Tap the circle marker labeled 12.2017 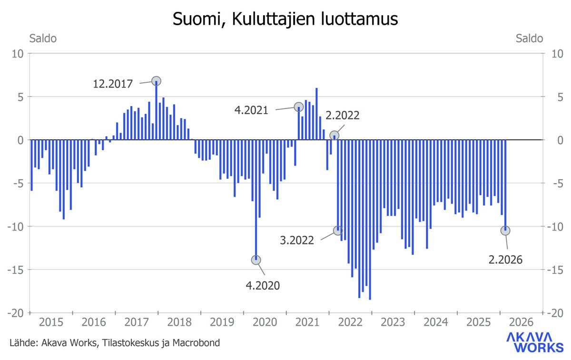coord(156,81)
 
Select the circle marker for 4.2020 coord(256,260)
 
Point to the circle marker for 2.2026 coord(505,230)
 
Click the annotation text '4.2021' coord(251,110)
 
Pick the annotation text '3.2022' coord(297,240)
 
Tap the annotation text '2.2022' coord(343,115)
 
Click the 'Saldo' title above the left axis coord(43,39)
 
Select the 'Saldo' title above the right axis coord(529,39)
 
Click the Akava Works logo coord(534,342)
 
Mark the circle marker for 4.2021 coord(298,107)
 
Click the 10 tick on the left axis coord(18,54)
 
